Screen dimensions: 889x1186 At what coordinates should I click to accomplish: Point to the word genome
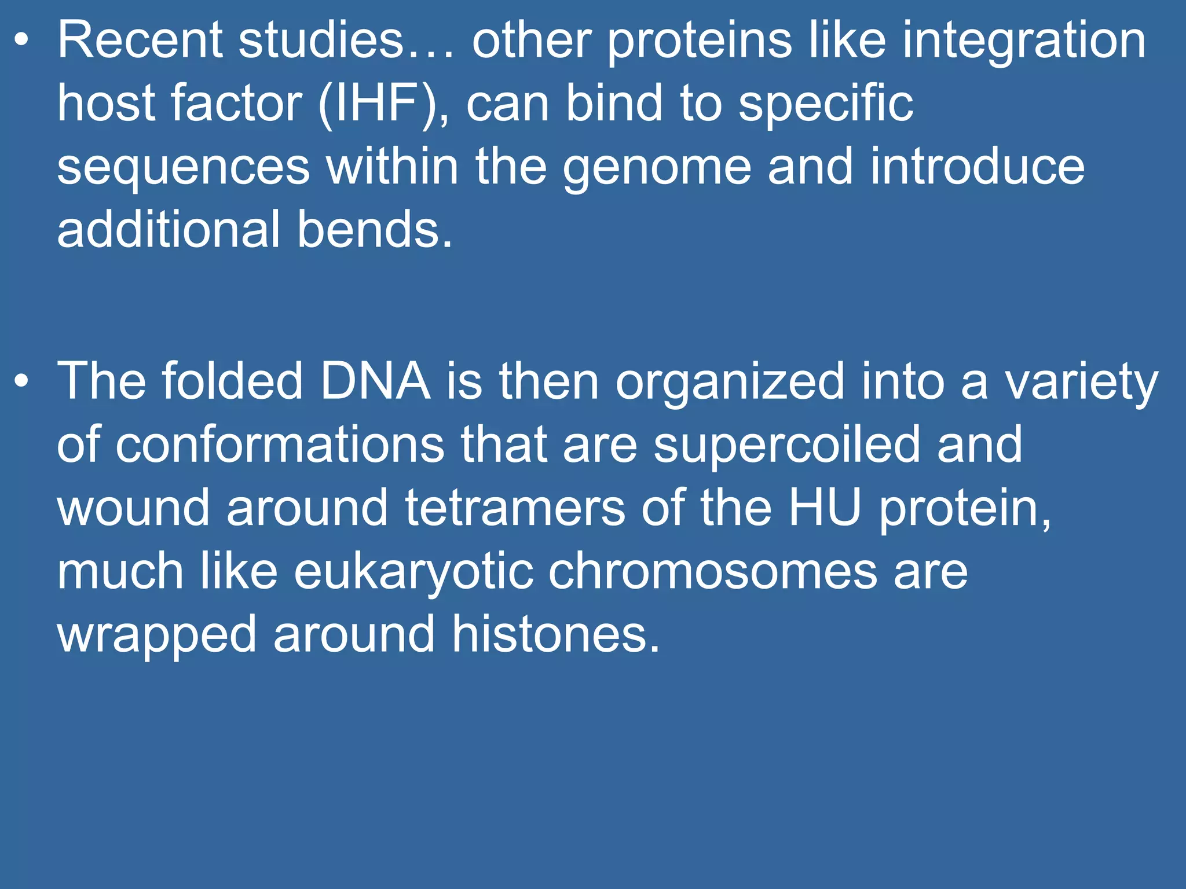pos(657,168)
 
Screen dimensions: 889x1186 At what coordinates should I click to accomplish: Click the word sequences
pos(183,168)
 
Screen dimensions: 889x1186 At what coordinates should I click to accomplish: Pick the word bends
pos(374,230)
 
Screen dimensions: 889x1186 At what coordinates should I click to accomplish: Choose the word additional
pos(169,230)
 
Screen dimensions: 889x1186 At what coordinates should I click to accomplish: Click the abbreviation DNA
pos(375,381)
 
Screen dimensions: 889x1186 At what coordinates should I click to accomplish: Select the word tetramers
pos(515,508)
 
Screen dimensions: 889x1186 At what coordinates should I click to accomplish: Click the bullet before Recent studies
pos(21,41)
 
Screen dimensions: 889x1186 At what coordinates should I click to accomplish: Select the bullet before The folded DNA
pos(21,381)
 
